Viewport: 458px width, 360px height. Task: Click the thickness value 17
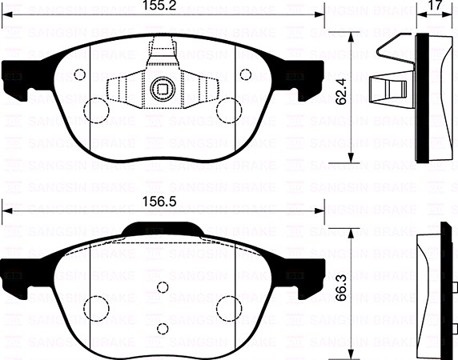point(435,7)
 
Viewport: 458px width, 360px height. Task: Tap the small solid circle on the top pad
point(78,74)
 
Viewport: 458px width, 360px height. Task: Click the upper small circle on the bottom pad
point(163,287)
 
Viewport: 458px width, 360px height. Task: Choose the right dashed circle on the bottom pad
point(229,309)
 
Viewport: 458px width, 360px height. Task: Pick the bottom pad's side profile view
point(432,292)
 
